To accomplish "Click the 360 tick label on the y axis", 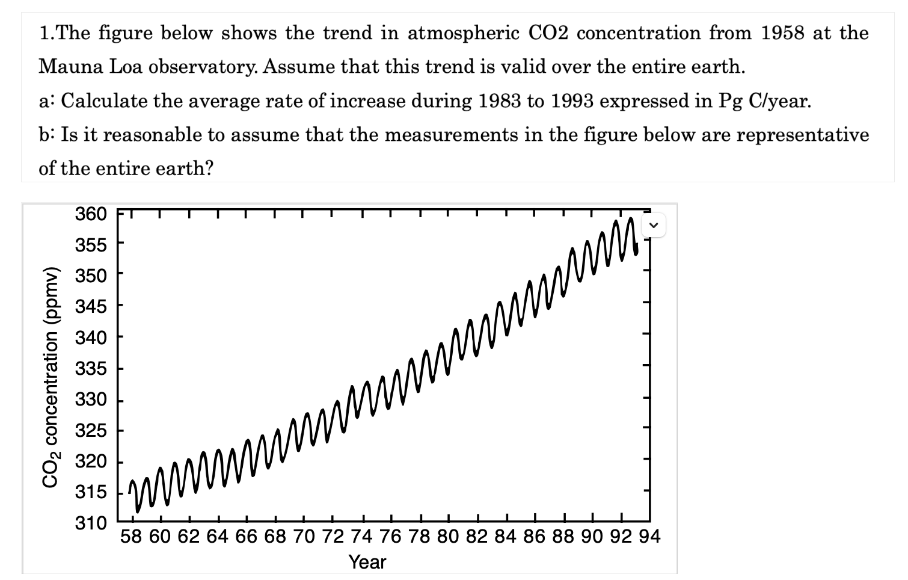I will click(90, 214).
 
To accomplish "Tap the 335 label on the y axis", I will click(90, 369).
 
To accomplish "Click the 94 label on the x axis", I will click(649, 537).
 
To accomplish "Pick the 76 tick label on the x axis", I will click(391, 537).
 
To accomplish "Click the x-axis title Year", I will click(367, 563).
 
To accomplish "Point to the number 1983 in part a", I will click(500, 100).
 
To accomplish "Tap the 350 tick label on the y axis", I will click(90, 276).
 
